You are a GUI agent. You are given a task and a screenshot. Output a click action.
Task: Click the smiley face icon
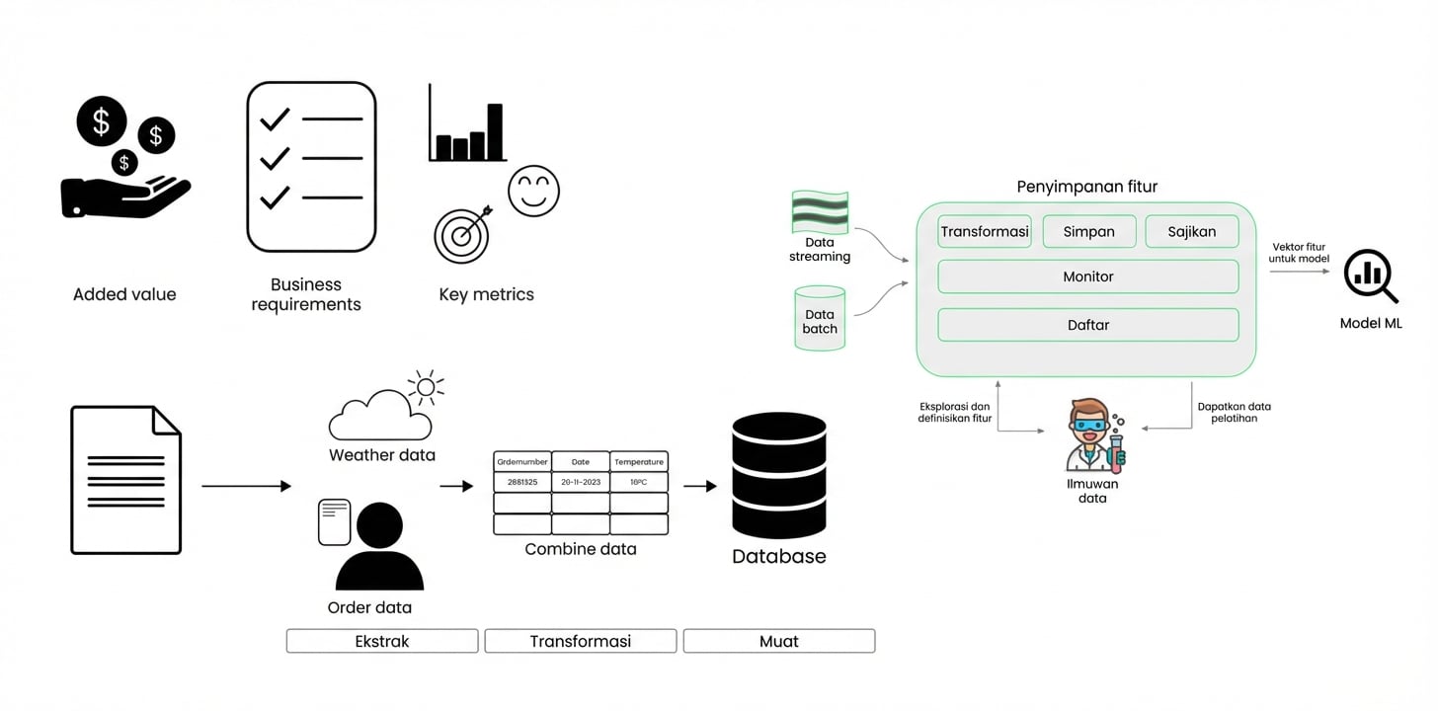[x=533, y=191]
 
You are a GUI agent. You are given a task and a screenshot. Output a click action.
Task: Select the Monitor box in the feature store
[x=1087, y=276]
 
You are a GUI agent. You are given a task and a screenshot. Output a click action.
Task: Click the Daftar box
[x=1087, y=325]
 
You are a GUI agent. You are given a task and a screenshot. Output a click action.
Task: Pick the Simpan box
[x=1088, y=232]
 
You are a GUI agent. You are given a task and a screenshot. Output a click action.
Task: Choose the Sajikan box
[x=1191, y=232]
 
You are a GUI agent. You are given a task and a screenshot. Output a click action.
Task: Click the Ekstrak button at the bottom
[x=382, y=641]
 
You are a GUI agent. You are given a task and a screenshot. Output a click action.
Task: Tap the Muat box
[x=778, y=641]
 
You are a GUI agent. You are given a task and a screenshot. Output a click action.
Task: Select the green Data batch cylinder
[x=820, y=318]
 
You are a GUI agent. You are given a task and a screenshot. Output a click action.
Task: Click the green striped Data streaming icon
[x=820, y=212]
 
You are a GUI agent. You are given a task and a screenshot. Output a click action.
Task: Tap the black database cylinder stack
[x=778, y=476]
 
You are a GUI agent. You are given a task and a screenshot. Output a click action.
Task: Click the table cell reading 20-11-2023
[x=581, y=482]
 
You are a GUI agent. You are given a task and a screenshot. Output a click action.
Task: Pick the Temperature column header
[x=639, y=461]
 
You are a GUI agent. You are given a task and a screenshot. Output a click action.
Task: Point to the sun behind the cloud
[x=426, y=386]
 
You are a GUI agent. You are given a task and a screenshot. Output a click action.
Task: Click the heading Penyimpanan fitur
[x=1086, y=187]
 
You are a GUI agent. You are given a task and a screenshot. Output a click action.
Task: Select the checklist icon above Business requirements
[x=311, y=167]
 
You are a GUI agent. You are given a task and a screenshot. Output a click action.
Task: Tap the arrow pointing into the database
[x=699, y=486]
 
